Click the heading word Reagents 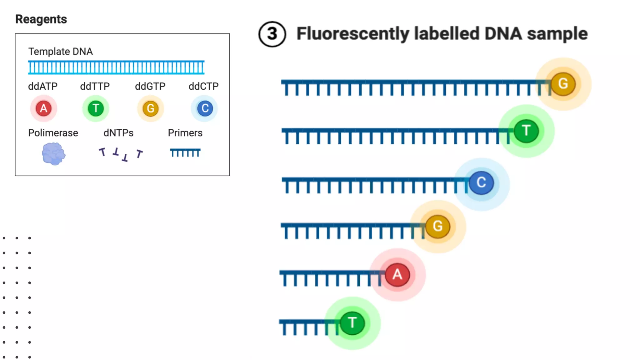tap(41, 19)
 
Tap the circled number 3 tap(272, 34)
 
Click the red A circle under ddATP tap(44, 108)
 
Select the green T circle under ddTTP tap(96, 108)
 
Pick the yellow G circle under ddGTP tap(151, 108)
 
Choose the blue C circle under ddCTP tap(205, 108)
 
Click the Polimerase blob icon tap(53, 153)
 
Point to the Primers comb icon tap(185, 152)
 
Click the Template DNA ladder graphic tap(116, 67)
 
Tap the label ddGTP tap(150, 86)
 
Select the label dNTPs tap(118, 133)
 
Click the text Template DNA tap(60, 52)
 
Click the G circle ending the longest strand tap(563, 84)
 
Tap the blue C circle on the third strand tap(481, 182)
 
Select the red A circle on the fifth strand tap(397, 275)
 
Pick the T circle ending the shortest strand tap(352, 323)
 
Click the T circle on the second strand tap(526, 131)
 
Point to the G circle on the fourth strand tap(437, 226)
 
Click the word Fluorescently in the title tap(352, 34)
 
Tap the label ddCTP tap(203, 86)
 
